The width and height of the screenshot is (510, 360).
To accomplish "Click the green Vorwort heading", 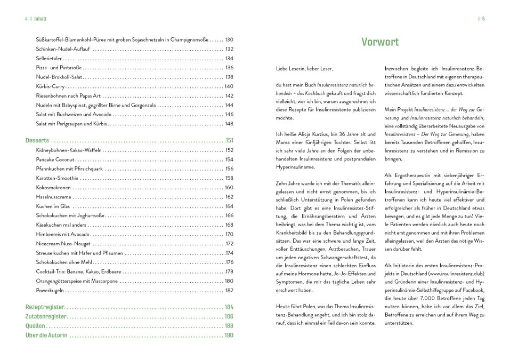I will point(380,43).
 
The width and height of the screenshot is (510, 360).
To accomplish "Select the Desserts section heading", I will point(37,141).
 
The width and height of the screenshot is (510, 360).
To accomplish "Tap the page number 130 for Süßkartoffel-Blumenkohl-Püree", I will point(229,39).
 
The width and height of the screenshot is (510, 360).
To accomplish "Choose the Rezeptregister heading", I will point(45,307).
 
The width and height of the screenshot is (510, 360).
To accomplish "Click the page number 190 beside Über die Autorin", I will point(229,335).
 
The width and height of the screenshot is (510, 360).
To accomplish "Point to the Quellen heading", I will point(36,326).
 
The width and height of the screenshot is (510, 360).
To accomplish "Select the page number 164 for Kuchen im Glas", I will point(229,206).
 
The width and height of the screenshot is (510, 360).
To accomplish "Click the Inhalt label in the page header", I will point(40,19).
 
